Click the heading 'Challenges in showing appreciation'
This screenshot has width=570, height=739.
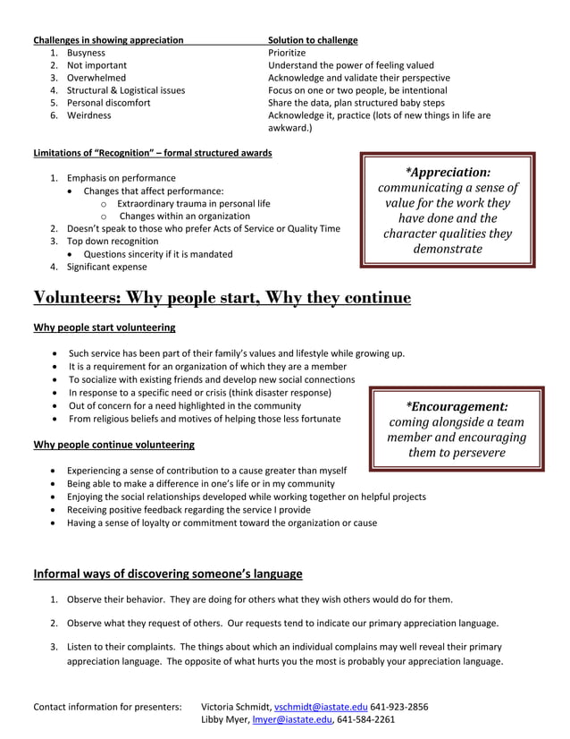[108, 40]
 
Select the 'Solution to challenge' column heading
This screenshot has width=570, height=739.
[313, 40]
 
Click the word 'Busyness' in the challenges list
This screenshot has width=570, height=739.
[86, 53]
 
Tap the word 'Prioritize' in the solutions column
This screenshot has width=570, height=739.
[287, 53]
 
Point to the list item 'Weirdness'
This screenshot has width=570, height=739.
[89, 115]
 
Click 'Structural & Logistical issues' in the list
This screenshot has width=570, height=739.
[126, 90]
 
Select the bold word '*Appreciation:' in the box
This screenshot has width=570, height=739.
[448, 172]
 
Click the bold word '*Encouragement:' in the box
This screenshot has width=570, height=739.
[457, 405]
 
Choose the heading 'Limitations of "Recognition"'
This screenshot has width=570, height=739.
[152, 153]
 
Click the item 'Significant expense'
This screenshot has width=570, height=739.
[107, 267]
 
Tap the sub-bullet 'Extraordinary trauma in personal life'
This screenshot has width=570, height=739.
[193, 203]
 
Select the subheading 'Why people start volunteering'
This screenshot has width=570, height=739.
[104, 327]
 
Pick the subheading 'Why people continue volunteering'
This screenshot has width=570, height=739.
[113, 445]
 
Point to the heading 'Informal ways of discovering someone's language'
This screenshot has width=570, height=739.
[168, 573]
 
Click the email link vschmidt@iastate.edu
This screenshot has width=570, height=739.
[320, 706]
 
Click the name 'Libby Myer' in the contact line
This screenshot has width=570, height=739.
[225, 718]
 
